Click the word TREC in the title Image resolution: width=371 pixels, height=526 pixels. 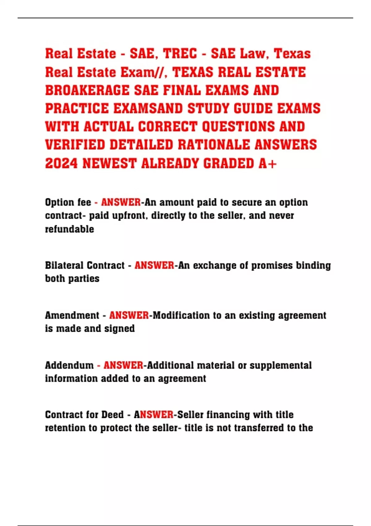[x=180, y=54]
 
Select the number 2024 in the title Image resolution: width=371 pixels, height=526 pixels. [x=61, y=163]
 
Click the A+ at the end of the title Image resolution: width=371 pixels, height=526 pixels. [x=268, y=163]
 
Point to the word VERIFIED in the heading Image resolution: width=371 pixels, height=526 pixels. [x=75, y=145]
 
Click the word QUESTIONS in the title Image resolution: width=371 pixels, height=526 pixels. [x=238, y=127]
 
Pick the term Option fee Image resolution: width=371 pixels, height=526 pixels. [x=68, y=202]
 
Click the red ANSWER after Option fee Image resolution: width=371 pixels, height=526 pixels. [x=121, y=202]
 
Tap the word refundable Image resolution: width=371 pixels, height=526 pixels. [x=70, y=229]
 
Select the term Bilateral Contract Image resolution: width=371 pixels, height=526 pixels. [x=85, y=265]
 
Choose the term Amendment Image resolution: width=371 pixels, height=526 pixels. [x=72, y=315]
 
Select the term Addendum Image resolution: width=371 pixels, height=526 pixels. [x=69, y=365]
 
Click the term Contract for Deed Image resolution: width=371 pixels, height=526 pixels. [x=84, y=415]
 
